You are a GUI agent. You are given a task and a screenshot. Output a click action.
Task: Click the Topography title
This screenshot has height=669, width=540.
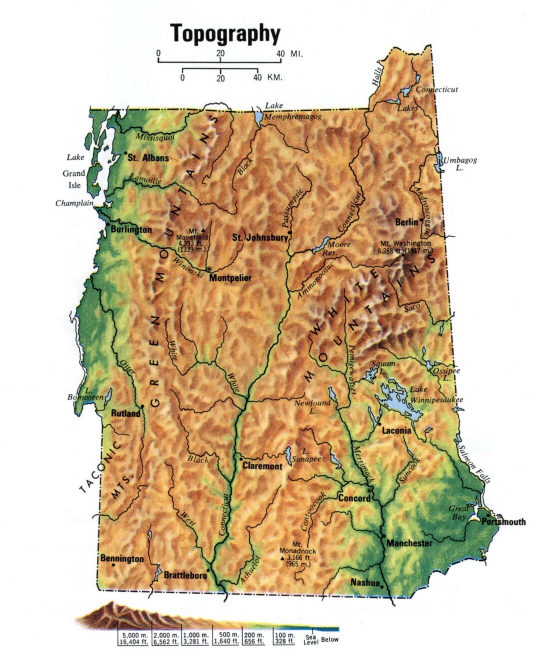pos(225,33)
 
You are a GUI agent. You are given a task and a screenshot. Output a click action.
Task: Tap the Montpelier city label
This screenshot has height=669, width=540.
pos(230,278)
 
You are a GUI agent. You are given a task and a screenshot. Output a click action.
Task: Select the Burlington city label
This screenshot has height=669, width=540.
pos(131,229)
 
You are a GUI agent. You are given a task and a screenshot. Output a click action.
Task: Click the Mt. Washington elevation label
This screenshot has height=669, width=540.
pos(404,247)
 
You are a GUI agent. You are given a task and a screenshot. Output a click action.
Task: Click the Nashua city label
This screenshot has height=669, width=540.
pos(365,582)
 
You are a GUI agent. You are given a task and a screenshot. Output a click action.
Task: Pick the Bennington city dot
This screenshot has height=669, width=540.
pos(114,565)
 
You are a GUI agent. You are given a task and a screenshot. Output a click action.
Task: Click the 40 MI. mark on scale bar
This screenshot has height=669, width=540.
pos(280,54)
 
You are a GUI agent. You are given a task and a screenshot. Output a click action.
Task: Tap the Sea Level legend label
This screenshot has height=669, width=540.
pos(310,640)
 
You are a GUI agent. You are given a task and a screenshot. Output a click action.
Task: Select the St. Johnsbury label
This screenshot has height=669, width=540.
pos(260,237)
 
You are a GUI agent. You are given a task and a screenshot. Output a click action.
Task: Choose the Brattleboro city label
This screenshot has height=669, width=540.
pos(185,575)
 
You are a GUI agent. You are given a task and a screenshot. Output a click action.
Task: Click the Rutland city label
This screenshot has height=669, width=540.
pos(125,413)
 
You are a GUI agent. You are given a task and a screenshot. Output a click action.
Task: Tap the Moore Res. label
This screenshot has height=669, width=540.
pos(338,248)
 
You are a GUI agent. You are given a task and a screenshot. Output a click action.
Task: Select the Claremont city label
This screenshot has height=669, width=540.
pos(262,466)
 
